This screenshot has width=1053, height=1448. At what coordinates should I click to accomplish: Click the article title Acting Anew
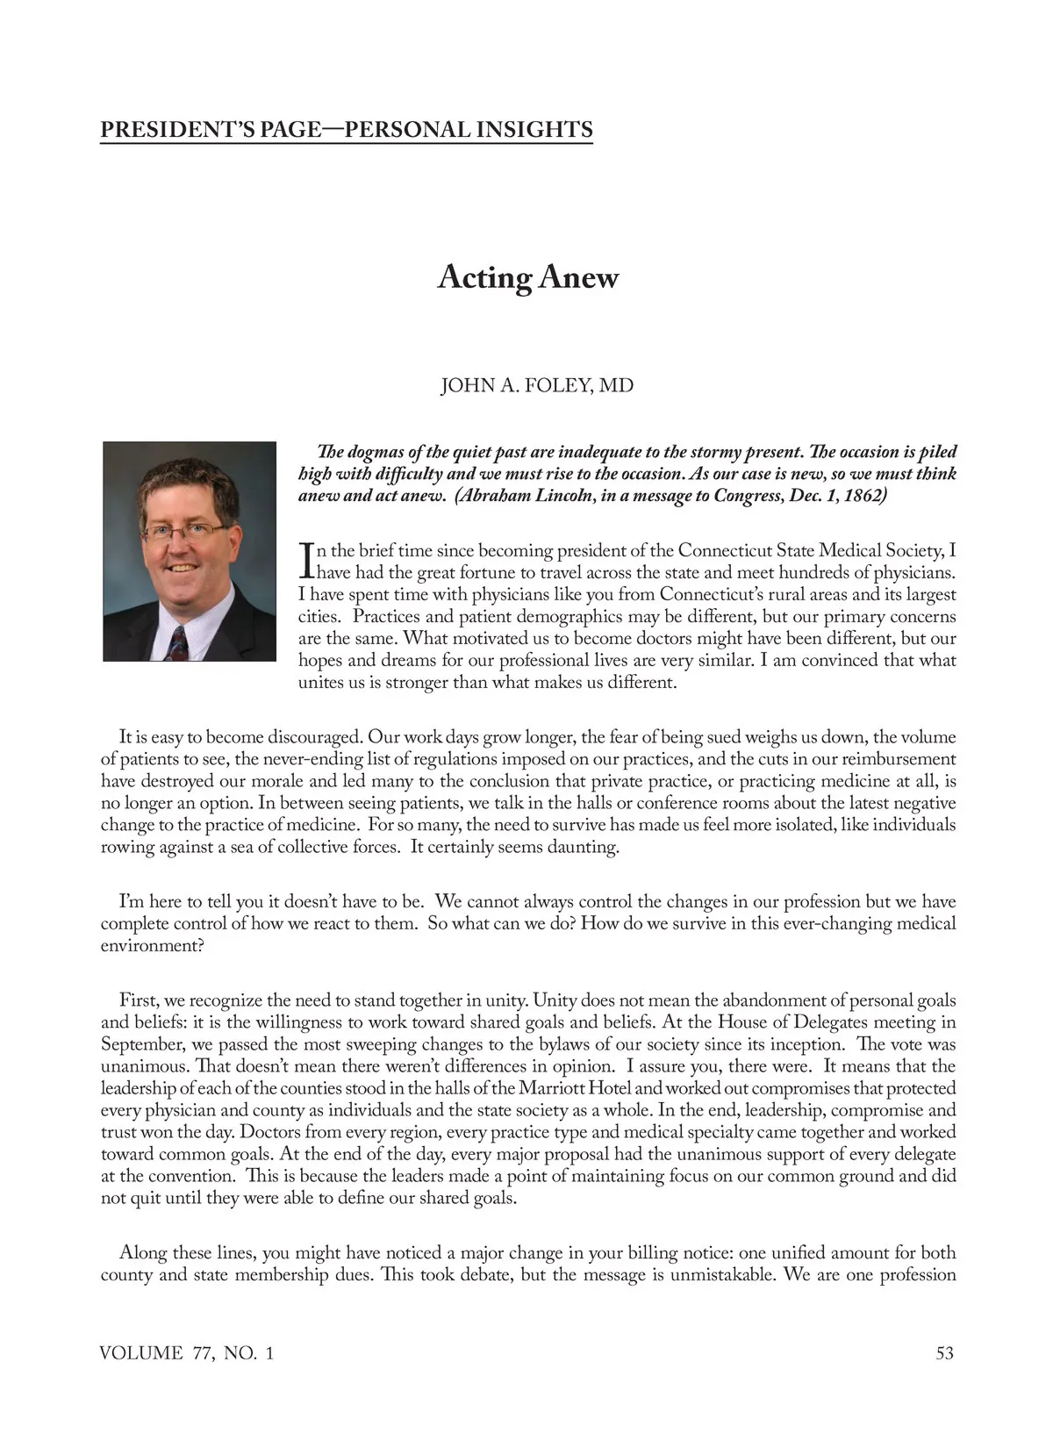coord(527,278)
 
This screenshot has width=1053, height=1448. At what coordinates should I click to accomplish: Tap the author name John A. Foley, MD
coord(536,386)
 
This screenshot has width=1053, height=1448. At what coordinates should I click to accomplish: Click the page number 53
coord(944,1353)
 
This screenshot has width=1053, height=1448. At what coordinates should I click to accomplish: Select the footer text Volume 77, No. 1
coord(187,1353)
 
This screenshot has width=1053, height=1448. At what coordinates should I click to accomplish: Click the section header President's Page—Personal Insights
coord(347,130)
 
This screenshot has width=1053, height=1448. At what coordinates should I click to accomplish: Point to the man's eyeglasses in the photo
coord(185,530)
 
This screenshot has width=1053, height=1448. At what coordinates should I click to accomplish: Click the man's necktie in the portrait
coord(178,643)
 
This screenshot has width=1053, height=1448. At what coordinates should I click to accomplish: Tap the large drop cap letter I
coord(306,562)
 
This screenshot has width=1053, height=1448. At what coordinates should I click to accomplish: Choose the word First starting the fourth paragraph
coord(137,1000)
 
